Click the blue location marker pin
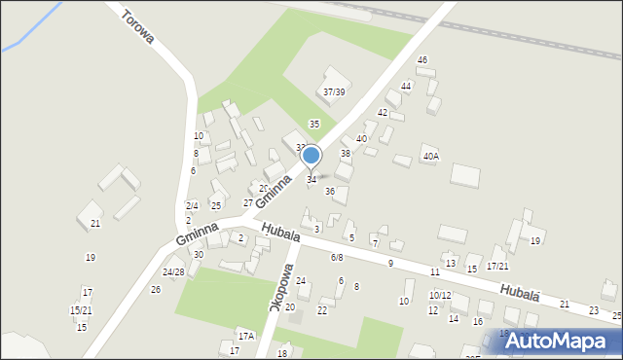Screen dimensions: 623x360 coord(311,156)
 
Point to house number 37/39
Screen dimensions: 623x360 coord(334,92)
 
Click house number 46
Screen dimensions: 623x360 coord(421,60)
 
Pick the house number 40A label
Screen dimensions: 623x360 coord(430,156)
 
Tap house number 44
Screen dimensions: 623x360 coord(406,87)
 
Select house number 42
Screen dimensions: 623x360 coord(384,113)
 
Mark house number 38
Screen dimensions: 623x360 coord(345,154)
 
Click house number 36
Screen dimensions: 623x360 coord(330,191)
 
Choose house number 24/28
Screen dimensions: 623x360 coord(173,271)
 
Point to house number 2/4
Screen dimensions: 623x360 coord(192,205)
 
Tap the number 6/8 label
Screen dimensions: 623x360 coord(337,258)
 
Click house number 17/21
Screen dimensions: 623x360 coord(497,266)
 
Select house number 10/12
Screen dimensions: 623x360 coord(440,295)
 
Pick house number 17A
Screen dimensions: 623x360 coord(246,336)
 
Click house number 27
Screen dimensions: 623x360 coord(247,202)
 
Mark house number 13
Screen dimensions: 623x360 coord(450,264)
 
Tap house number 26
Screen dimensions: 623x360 coord(155,289)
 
